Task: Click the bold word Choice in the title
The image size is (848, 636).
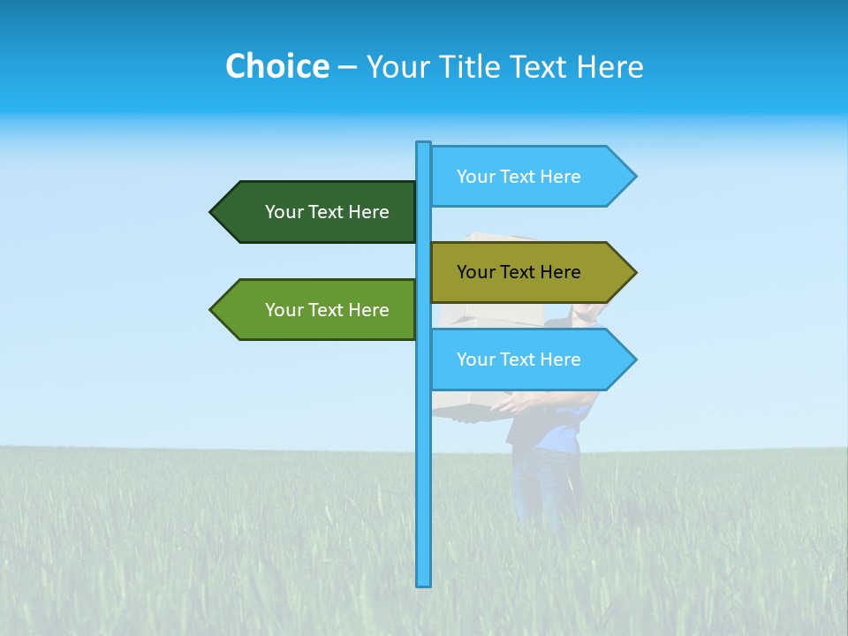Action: click(276, 66)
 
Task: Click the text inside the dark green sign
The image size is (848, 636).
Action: click(327, 212)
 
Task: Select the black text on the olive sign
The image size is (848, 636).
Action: click(519, 272)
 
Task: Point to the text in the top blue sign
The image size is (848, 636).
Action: click(519, 177)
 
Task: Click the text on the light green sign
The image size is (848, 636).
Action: click(327, 310)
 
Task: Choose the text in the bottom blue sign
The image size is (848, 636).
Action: click(519, 360)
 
